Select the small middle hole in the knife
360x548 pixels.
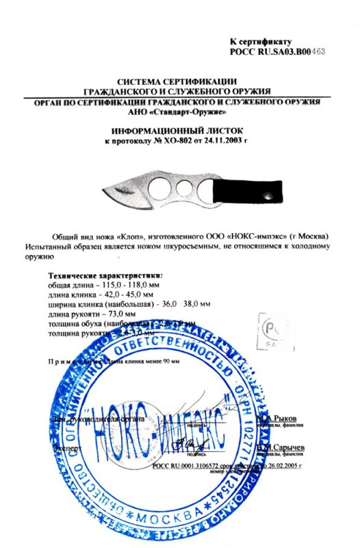181,187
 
